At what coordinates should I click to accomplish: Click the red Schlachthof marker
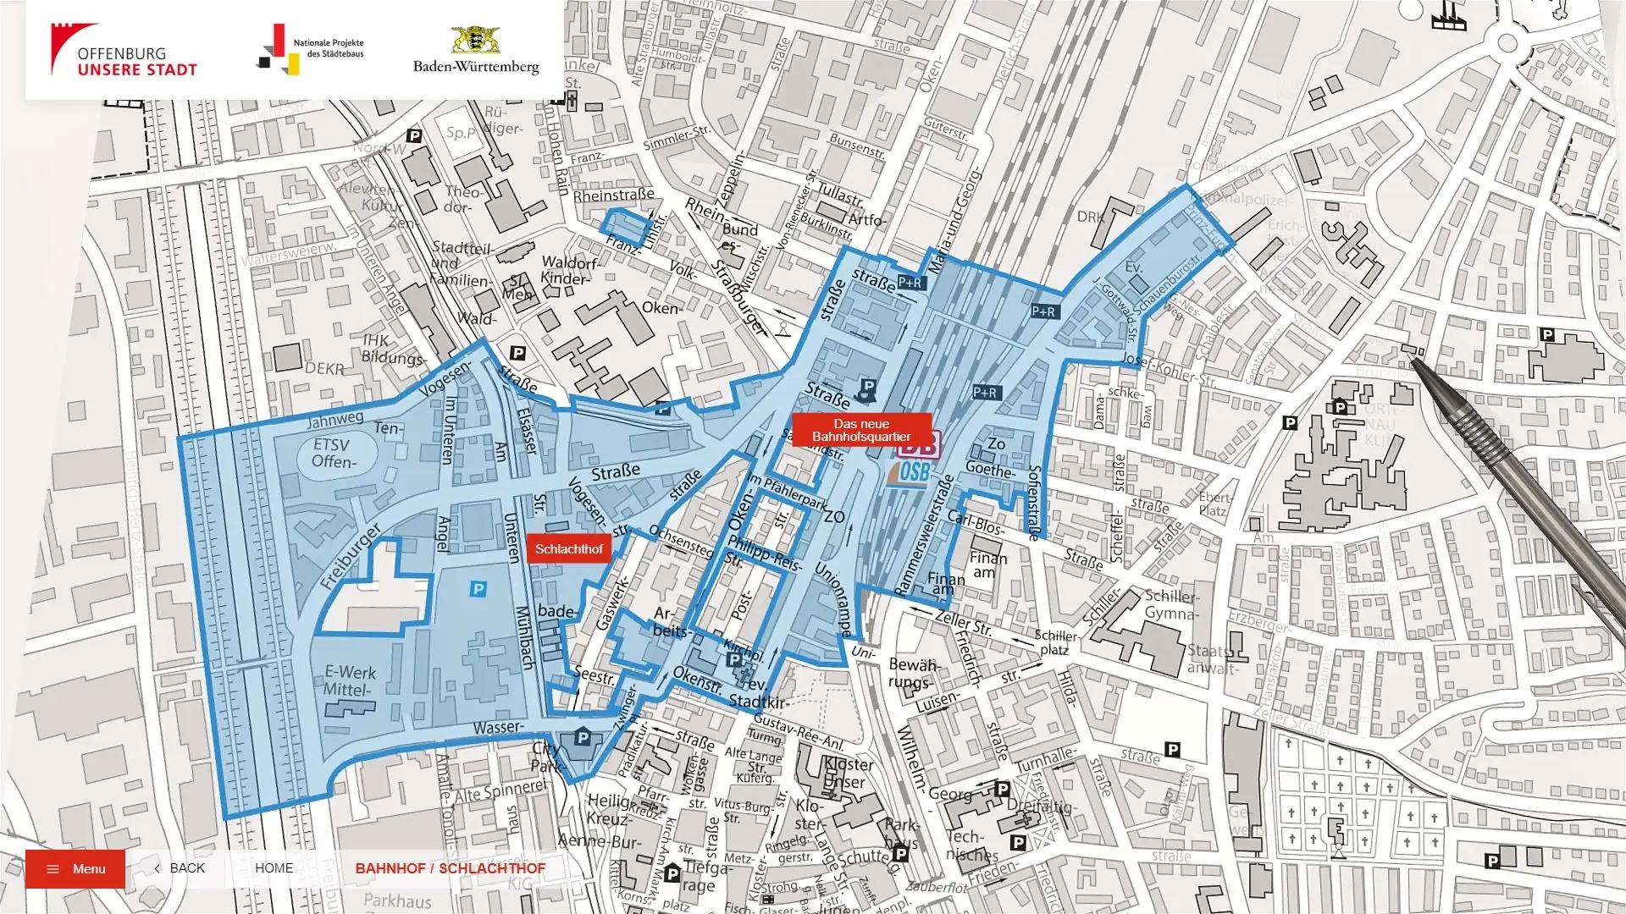point(568,548)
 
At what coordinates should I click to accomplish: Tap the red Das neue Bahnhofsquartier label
point(861,430)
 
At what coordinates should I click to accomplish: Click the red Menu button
point(75,868)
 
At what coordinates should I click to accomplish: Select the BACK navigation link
point(180,868)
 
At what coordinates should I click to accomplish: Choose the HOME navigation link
point(274,868)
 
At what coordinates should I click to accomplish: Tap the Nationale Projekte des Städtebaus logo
point(310,49)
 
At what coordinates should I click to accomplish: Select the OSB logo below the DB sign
point(911,473)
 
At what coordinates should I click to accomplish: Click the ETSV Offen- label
point(333,453)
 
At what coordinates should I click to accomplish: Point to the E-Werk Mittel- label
point(349,680)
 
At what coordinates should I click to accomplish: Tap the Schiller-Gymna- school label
point(1172,603)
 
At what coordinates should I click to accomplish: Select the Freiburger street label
point(351,556)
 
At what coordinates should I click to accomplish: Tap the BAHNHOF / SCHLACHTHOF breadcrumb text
point(450,868)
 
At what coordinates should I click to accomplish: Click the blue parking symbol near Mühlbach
point(478,588)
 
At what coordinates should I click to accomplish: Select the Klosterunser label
point(848,773)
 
